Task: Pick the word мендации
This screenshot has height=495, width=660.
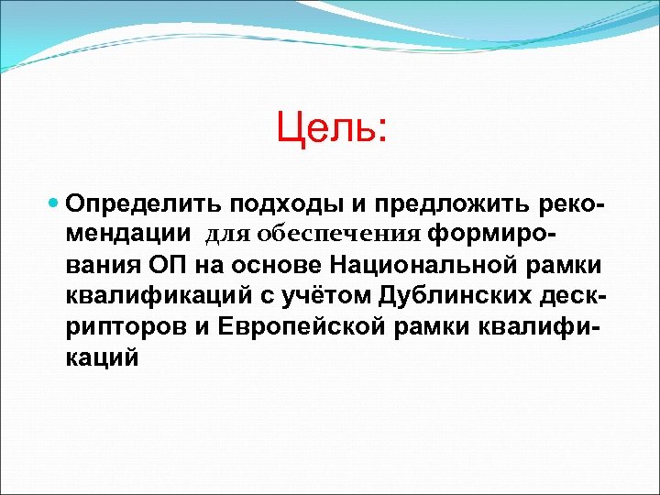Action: (128, 233)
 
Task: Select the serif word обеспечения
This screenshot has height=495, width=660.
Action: (338, 234)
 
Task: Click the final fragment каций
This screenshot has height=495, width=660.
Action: (103, 357)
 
